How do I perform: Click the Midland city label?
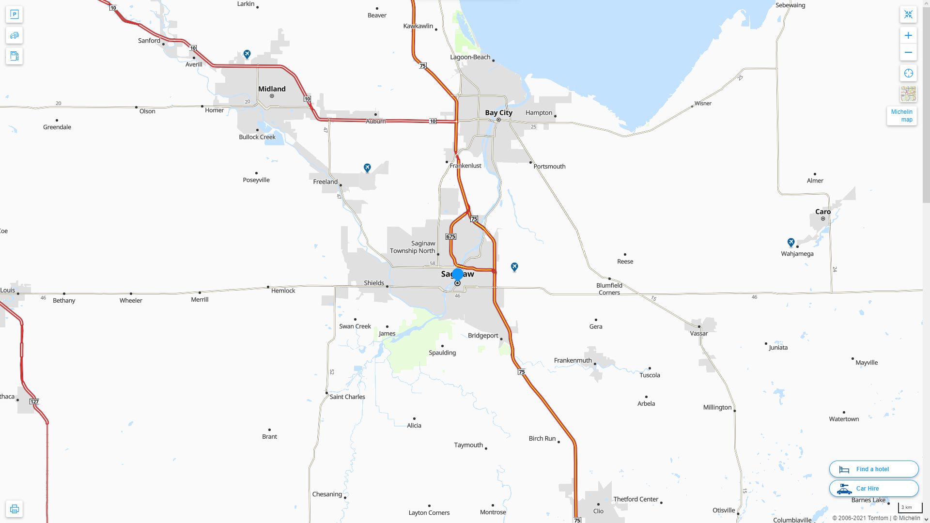click(272, 89)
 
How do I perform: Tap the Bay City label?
click(498, 112)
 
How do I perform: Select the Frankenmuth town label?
click(573, 360)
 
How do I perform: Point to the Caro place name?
click(822, 212)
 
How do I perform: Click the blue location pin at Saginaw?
click(458, 275)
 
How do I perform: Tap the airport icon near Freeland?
click(367, 168)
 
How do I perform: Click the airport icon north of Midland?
click(247, 54)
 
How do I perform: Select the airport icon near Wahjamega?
click(791, 242)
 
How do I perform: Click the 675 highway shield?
click(450, 236)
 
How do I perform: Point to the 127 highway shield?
click(34, 401)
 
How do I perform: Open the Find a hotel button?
click(873, 469)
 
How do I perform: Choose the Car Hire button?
click(873, 488)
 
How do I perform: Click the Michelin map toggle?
click(901, 116)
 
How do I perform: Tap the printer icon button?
click(14, 509)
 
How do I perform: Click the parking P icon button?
click(14, 15)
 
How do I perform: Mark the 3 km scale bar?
click(909, 508)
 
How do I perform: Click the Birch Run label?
click(542, 438)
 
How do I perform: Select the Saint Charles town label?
click(347, 397)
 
